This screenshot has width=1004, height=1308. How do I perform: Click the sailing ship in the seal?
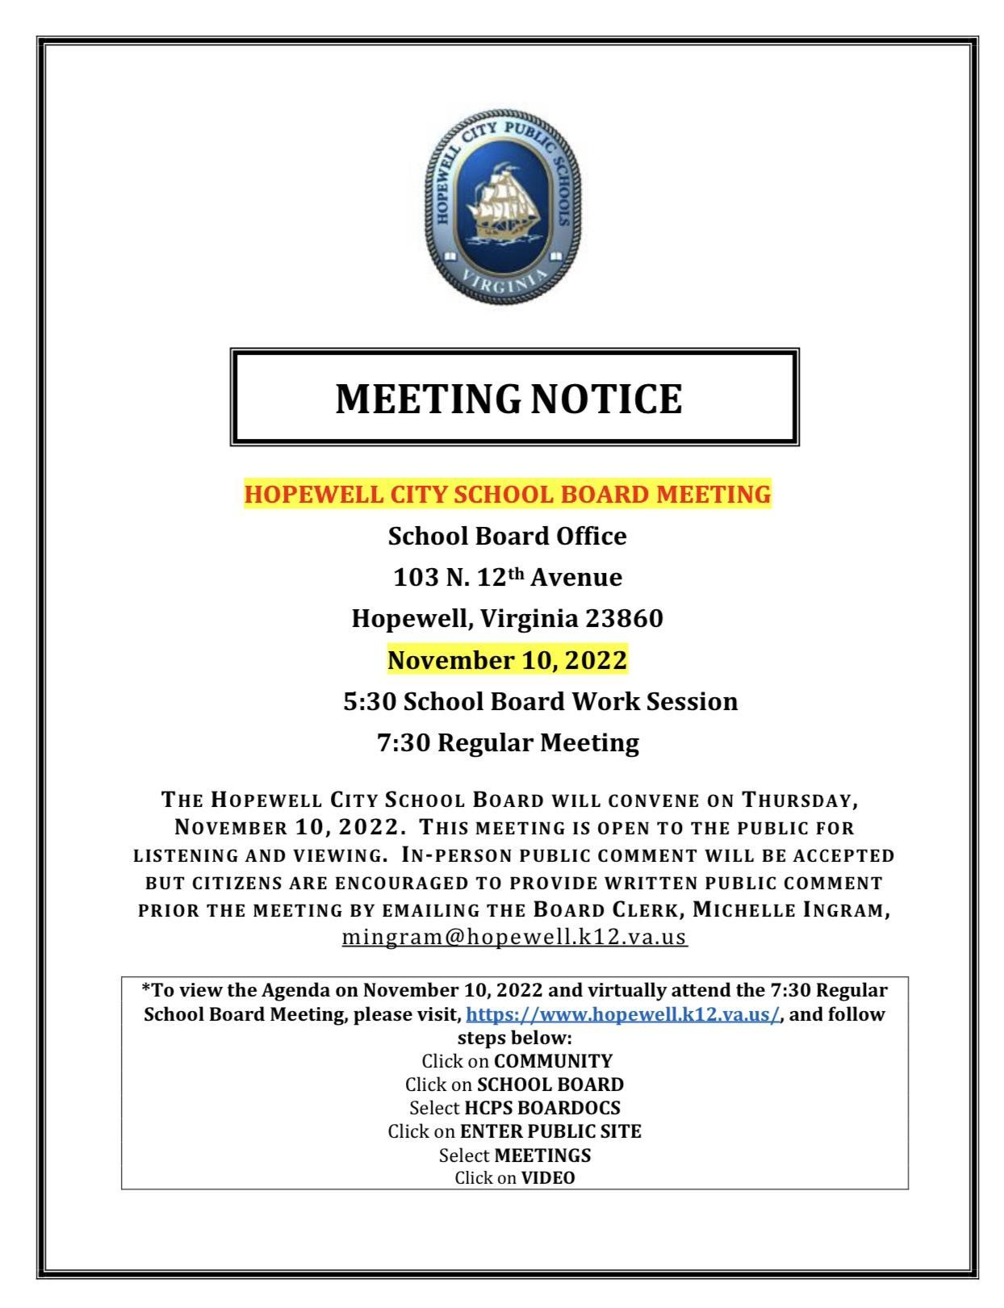[501, 204]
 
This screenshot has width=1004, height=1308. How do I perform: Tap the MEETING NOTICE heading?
[508, 399]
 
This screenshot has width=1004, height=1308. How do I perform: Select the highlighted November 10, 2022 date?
[507, 660]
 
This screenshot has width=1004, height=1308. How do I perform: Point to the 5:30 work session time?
[370, 702]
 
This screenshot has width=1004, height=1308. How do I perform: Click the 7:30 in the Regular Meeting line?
[404, 742]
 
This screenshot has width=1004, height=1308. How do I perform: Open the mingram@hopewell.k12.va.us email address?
[515, 938]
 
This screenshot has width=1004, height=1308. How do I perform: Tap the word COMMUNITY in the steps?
[553, 1060]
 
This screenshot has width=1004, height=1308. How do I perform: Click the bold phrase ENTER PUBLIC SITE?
[550, 1131]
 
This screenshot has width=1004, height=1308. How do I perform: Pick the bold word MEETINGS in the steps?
[542, 1155]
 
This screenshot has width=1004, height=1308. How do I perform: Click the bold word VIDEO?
[548, 1178]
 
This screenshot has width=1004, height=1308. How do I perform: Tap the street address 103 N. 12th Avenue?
[508, 578]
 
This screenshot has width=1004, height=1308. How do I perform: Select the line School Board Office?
[507, 537]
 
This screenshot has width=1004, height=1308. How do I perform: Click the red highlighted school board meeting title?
[508, 494]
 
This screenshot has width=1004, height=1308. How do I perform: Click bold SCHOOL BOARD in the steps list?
[550, 1084]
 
